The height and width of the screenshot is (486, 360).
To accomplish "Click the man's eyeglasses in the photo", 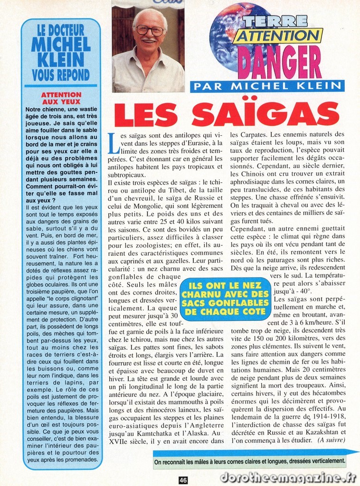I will coord(150,30).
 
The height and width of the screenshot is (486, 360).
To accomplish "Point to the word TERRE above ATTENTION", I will coord(275,21).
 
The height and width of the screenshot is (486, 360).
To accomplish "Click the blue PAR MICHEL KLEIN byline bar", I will coord(267,86).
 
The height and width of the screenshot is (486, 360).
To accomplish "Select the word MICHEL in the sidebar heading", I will coord(61,44).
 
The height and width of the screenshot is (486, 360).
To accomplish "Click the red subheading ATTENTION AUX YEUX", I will coord(61,98).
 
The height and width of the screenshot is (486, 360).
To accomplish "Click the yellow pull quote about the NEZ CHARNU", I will coord(225,299).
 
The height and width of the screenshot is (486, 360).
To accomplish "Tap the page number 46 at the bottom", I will coord(183,480).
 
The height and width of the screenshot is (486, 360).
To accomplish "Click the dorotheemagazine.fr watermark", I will coord(289,478).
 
